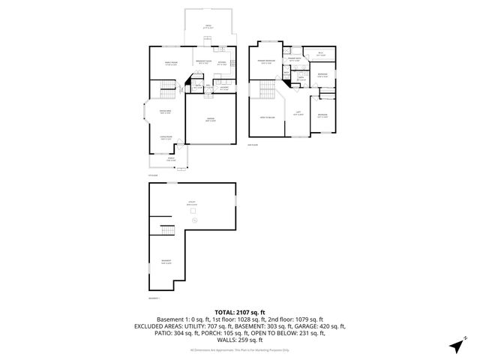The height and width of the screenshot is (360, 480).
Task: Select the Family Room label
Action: [x=172, y=62]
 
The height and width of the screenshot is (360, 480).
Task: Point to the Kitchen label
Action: [x=222, y=62]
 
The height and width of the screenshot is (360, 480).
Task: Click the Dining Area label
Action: [x=166, y=112]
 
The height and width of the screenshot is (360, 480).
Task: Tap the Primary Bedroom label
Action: [x=266, y=62]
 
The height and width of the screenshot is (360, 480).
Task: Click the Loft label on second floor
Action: [x=298, y=113]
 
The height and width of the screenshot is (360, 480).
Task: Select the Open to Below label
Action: [x=266, y=118]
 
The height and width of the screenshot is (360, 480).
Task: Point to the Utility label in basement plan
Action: [x=191, y=203]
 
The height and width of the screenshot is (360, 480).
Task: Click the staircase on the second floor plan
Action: [x=265, y=94]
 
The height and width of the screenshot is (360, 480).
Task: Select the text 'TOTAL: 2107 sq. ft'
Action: [x=240, y=311]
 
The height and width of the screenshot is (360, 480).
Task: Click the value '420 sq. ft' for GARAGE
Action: [x=330, y=326]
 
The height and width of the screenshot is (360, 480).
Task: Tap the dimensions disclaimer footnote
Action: [x=240, y=350]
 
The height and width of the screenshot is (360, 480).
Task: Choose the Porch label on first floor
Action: [x=171, y=158]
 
